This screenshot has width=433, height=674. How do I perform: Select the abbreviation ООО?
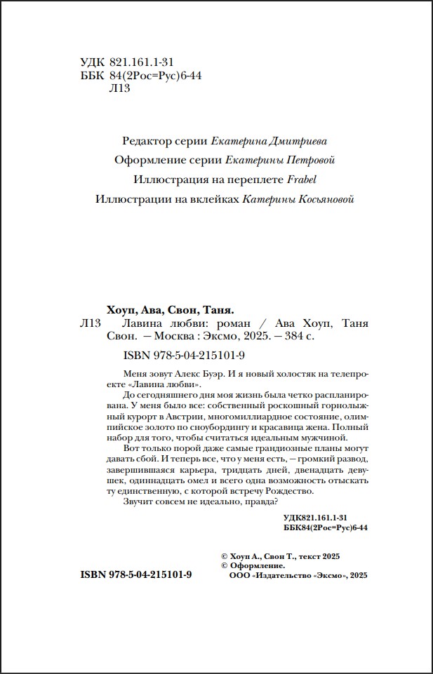tap(239, 574)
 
